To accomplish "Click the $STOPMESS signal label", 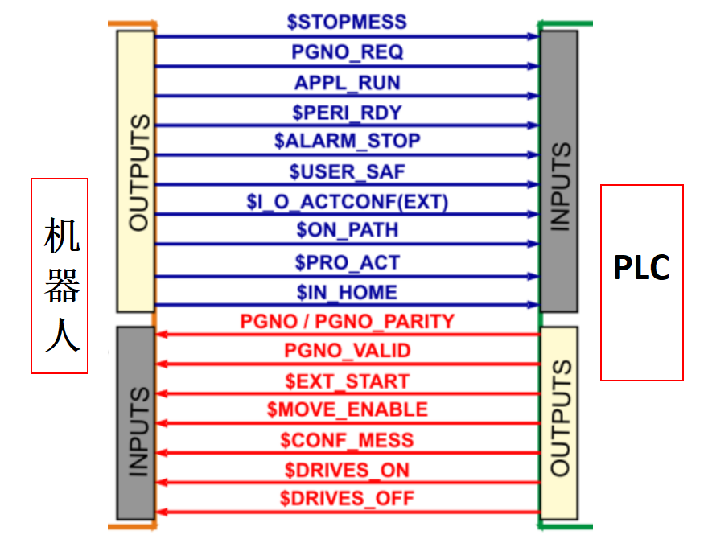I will (347, 22).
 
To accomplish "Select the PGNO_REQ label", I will (347, 52).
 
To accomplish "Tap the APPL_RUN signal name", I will (347, 83).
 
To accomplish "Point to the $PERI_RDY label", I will (347, 112).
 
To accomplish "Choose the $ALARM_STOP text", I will (347, 141).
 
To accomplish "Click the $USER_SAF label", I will (347, 171).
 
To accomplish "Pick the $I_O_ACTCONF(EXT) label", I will (347, 200).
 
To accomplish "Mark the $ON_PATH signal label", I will (347, 230).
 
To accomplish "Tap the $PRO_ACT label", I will (347, 262).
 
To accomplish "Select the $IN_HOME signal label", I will (347, 291).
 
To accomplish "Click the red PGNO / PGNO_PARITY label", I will (347, 321).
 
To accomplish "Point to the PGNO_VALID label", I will (347, 351).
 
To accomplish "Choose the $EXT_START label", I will (347, 381).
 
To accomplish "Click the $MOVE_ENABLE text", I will (347, 409).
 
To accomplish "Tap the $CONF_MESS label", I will (347, 440).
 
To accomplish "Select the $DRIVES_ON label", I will (347, 470).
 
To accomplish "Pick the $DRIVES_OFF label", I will (347, 499).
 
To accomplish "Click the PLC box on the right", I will (641, 282).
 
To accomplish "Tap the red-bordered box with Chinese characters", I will (60, 275).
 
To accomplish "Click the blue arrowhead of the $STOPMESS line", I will (533, 36).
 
